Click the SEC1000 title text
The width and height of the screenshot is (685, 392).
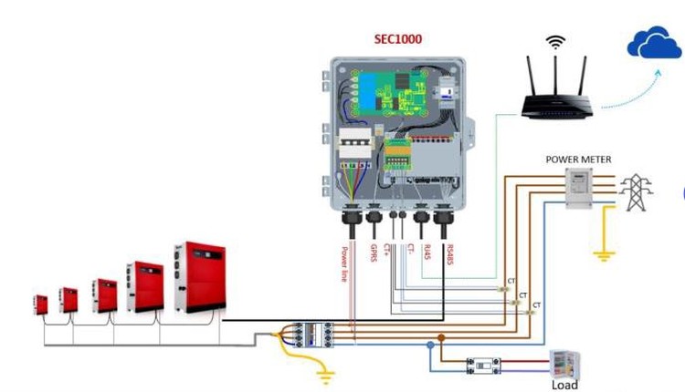399,40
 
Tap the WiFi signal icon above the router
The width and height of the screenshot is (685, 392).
555,42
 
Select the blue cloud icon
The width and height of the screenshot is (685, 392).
654,43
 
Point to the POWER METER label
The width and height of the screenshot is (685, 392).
579,160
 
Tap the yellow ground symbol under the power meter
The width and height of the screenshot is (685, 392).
604,254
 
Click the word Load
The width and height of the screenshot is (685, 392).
564,385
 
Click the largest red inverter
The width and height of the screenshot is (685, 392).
199,282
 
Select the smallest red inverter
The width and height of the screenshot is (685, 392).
40,304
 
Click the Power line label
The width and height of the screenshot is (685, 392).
345,263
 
